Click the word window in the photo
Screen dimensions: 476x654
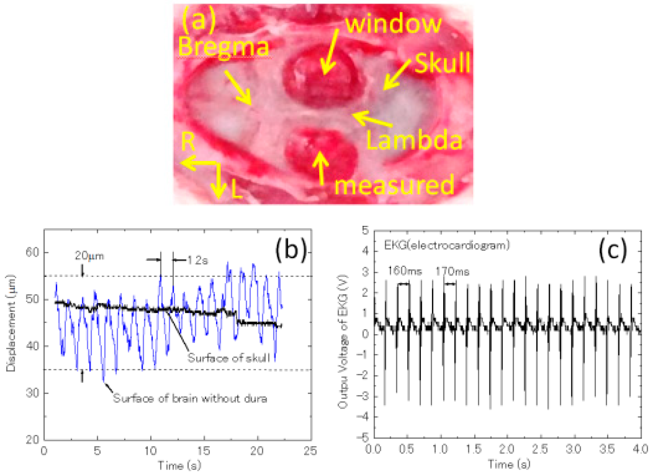tap(393, 24)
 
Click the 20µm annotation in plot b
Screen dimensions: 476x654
tap(89, 256)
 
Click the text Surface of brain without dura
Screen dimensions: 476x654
tap(190, 398)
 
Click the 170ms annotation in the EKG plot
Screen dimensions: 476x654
tap(452, 272)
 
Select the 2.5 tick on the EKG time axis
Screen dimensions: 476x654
tap(540, 449)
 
